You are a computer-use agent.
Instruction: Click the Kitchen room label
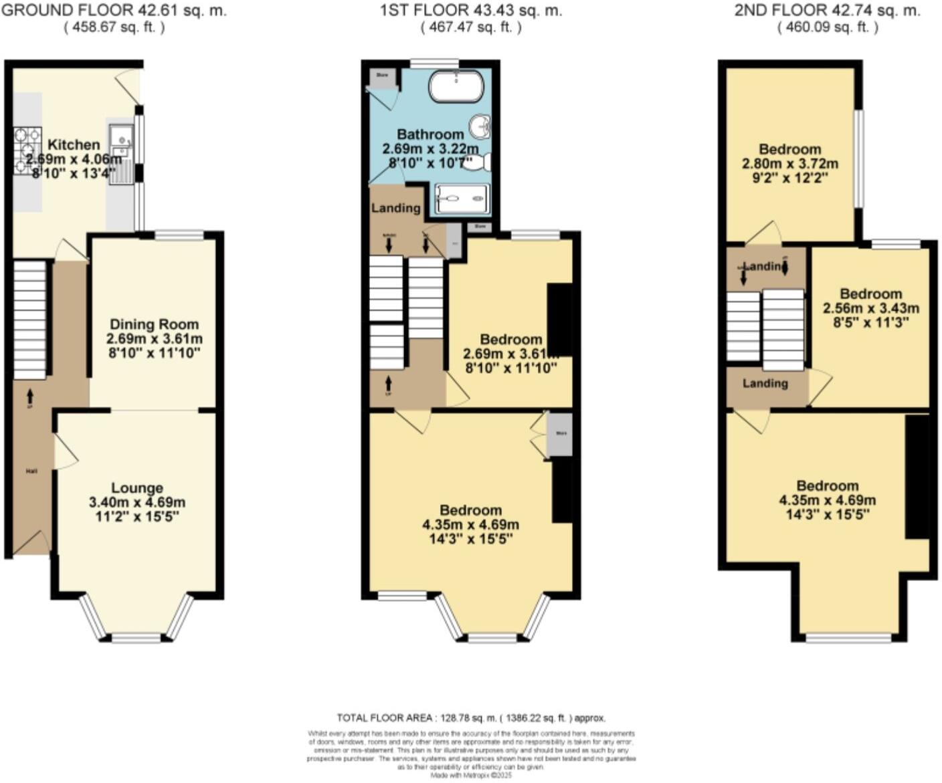(x=74, y=144)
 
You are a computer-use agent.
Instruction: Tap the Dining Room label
(x=154, y=324)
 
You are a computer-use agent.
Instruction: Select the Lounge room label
(x=137, y=488)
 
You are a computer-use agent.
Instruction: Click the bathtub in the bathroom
(x=456, y=86)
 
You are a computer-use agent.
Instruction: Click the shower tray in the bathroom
(x=462, y=199)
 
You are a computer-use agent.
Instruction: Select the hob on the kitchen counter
(x=27, y=149)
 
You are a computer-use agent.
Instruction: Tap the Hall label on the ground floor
(x=31, y=471)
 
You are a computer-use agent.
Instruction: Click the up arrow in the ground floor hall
(x=29, y=397)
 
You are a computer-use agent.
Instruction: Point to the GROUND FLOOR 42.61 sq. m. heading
(x=114, y=10)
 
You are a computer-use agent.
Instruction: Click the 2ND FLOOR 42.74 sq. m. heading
(x=827, y=10)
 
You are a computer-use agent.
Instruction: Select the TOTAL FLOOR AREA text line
(x=471, y=718)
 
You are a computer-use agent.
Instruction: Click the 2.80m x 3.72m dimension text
(x=790, y=164)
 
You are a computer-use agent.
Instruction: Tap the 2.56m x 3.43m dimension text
(x=870, y=308)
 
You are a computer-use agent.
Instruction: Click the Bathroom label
(x=430, y=134)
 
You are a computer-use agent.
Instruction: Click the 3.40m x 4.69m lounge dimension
(x=137, y=502)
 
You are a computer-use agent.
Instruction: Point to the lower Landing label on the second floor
(x=765, y=383)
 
